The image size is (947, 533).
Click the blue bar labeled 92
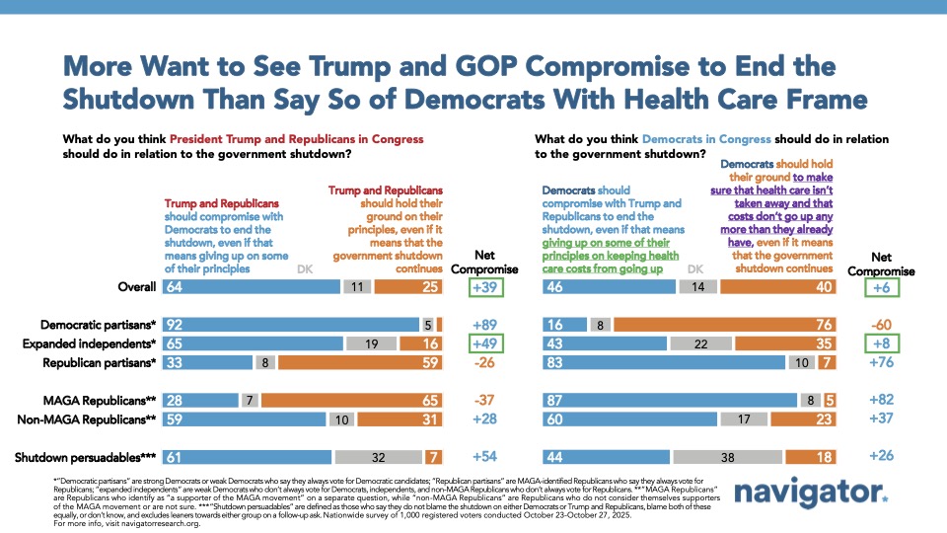click(291, 324)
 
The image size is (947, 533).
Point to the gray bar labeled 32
click(379, 457)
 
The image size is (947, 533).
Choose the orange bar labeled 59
click(363, 362)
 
